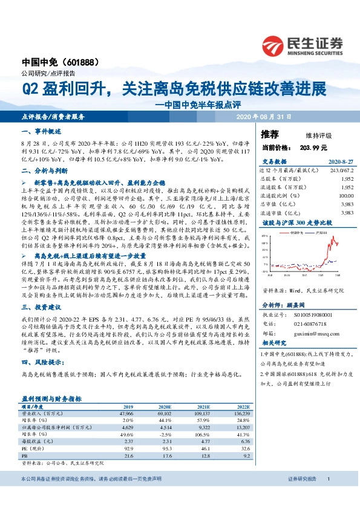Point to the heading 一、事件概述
pyautogui.click(x=42, y=131)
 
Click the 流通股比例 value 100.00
pyautogui.click(x=344, y=196)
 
